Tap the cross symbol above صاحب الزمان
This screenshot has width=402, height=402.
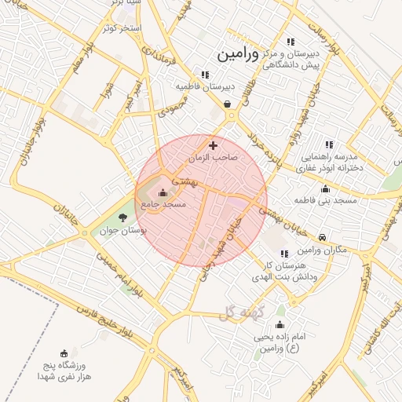[213, 145]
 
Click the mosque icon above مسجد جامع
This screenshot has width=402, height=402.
[163, 192]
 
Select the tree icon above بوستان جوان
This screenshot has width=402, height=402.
[122, 217]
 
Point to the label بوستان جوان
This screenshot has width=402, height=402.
[126, 230]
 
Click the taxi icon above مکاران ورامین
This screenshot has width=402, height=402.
[323, 237]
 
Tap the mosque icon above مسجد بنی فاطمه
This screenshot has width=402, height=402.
[326, 188]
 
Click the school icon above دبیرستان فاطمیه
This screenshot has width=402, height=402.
[205, 75]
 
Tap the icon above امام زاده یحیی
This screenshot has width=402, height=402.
[280, 324]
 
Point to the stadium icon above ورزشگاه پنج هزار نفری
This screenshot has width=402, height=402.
[64, 353]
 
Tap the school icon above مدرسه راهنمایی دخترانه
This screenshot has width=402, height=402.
[329, 144]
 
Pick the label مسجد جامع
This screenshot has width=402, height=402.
[163, 204]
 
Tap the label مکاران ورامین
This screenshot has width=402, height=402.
[323, 250]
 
